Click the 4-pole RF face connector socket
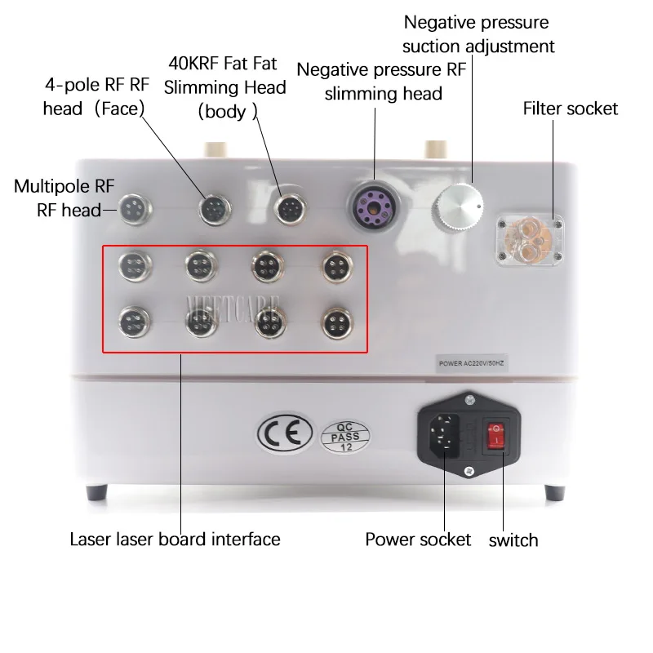click(213, 210)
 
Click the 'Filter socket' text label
click(571, 109)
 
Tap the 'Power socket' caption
click(418, 540)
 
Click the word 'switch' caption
click(513, 540)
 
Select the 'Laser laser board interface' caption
click(175, 540)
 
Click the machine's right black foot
click(555, 493)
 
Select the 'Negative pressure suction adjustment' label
click(479, 34)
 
